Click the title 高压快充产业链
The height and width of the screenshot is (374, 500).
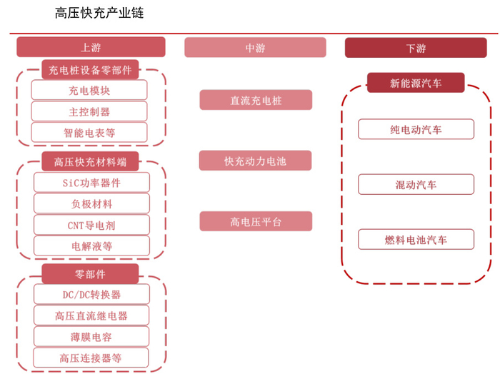tap(99, 13)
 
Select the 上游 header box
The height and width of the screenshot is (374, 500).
tap(91, 48)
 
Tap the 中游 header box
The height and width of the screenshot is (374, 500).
tap(255, 48)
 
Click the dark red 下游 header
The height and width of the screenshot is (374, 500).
tap(416, 48)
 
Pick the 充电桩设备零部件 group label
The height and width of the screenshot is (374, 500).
tap(90, 70)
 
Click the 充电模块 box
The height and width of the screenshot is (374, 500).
tap(90, 91)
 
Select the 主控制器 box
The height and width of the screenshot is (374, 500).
tap(90, 111)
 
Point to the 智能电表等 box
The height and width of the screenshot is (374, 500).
tap(90, 132)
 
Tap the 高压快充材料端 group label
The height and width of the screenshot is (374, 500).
tap(90, 161)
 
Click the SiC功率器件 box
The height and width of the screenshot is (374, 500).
tap(91, 182)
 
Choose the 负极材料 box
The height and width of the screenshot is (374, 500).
tap(91, 203)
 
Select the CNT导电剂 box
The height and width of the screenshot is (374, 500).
tap(91, 225)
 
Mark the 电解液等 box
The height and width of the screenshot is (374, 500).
tap(91, 246)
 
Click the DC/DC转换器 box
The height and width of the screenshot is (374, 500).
tap(91, 294)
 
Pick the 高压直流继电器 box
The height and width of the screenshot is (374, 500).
tap(91, 315)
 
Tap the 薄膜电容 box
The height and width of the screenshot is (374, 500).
tap(91, 336)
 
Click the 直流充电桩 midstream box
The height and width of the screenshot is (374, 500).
tap(256, 100)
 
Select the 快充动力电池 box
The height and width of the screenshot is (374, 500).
tap(256, 161)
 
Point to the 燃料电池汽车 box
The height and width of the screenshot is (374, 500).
tap(416, 240)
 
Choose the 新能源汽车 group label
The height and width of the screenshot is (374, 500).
tap(416, 83)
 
